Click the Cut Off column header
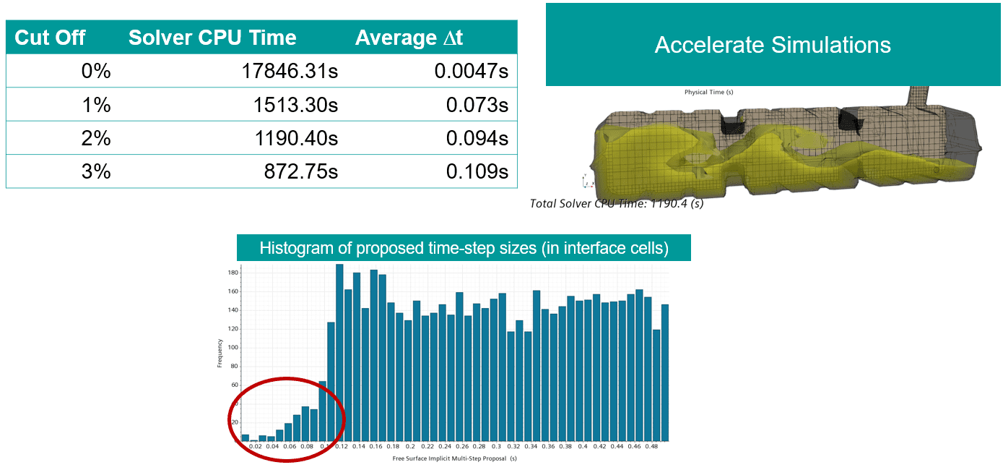[x=51, y=38]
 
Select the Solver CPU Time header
[x=212, y=38]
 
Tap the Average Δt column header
[x=409, y=38]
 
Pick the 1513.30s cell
[x=296, y=106]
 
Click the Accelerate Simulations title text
[x=773, y=45]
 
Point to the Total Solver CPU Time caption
[x=617, y=204]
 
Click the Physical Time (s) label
[x=708, y=92]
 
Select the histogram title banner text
[x=464, y=249]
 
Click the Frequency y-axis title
[x=220, y=354]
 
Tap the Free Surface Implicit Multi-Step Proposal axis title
[x=455, y=458]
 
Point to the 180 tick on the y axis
[x=233, y=273]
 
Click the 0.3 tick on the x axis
[x=496, y=447]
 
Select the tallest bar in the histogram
[x=339, y=352]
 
